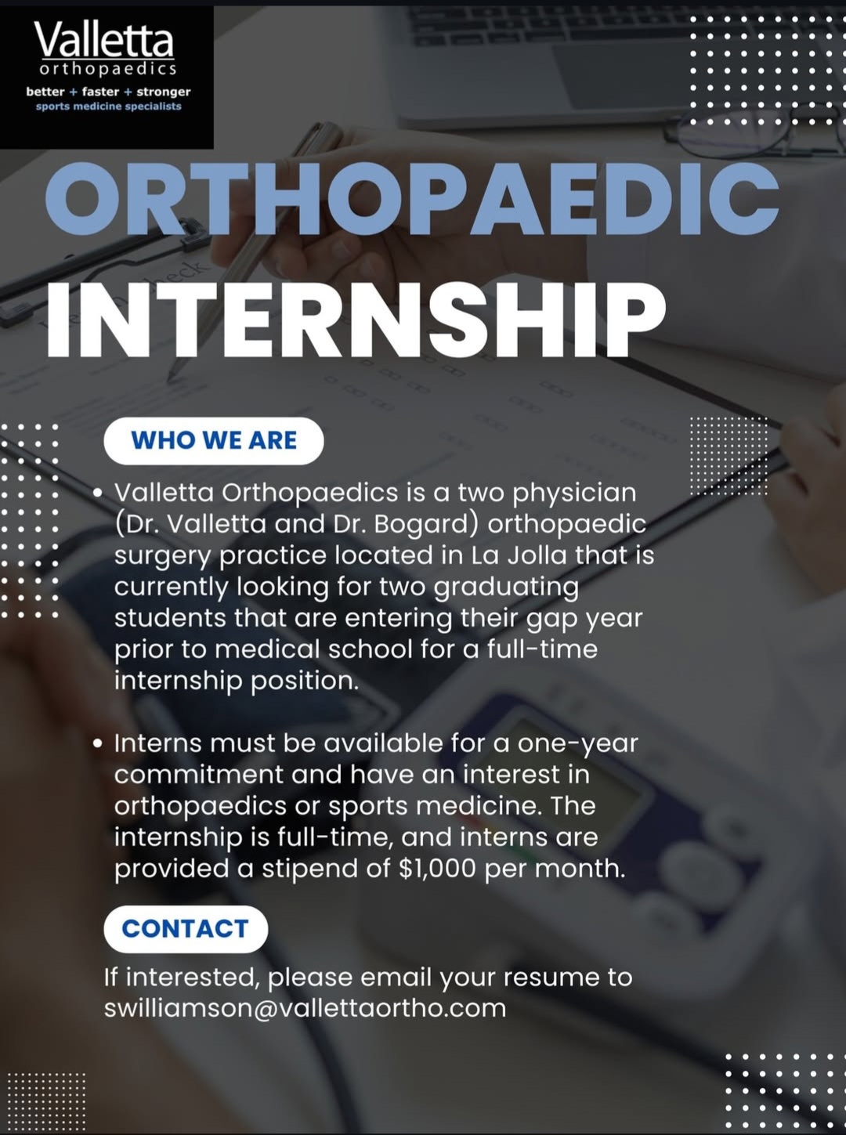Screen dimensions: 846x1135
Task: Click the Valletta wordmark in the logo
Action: click(104, 41)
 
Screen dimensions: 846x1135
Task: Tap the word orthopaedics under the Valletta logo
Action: click(109, 69)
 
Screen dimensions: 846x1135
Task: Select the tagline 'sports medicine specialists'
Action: click(109, 107)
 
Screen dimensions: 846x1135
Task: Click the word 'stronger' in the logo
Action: click(164, 92)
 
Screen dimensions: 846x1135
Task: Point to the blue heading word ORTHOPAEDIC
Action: click(412, 198)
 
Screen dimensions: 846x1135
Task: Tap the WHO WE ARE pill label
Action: click(214, 440)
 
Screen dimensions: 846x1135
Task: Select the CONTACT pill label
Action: click(186, 929)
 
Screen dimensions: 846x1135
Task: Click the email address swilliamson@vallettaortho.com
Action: click(305, 1009)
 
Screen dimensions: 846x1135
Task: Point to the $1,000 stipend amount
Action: click(437, 868)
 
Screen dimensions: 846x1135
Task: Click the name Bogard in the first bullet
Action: click(427, 524)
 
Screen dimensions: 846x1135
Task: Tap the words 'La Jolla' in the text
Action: click(519, 555)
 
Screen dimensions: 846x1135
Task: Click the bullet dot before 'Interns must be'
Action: click(98, 744)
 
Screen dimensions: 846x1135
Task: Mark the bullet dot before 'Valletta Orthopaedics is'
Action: click(98, 493)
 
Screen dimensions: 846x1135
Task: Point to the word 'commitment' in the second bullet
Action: click(199, 775)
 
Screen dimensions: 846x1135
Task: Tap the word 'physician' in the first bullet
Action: click(574, 493)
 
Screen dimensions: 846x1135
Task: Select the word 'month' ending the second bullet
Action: click(580, 868)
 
